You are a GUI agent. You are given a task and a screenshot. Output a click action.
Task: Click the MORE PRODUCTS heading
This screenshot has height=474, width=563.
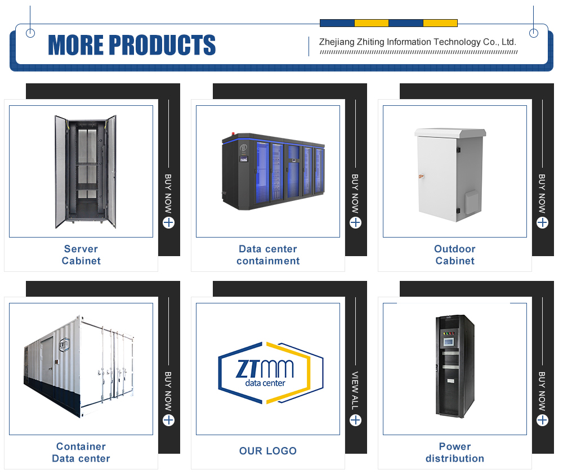(x=132, y=45)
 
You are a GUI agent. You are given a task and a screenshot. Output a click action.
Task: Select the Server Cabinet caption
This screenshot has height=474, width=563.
(x=81, y=254)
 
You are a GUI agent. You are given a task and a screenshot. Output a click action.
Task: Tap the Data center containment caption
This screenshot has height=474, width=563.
(x=268, y=254)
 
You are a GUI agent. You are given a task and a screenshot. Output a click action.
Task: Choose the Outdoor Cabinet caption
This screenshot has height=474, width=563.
(x=455, y=254)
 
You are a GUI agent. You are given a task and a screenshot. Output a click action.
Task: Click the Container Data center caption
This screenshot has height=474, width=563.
(x=81, y=452)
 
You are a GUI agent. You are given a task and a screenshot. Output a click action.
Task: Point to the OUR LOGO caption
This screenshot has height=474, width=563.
(x=268, y=451)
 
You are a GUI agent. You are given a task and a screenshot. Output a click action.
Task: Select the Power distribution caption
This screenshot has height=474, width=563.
(x=455, y=452)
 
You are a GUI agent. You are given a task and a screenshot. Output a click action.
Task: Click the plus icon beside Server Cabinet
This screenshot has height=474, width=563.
(x=168, y=222)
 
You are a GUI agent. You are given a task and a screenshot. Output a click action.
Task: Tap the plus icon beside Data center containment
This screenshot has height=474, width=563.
(x=355, y=222)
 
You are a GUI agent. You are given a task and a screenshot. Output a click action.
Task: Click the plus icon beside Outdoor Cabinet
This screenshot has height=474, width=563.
(x=542, y=222)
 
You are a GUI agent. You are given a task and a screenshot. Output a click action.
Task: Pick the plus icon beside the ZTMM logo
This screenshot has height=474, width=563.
(x=355, y=420)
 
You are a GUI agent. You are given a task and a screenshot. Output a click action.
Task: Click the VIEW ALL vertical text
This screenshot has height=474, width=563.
(x=355, y=391)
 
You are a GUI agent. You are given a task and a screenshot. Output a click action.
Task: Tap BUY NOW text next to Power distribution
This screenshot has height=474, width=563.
(x=542, y=391)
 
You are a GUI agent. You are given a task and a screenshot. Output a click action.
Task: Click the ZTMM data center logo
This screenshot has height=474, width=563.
(x=271, y=373)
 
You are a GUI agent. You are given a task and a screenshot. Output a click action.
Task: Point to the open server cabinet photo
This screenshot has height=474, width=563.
(x=86, y=172)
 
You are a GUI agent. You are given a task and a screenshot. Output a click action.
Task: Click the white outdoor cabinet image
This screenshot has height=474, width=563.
(x=450, y=175)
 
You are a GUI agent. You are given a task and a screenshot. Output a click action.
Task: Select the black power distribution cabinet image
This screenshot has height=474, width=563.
(x=455, y=366)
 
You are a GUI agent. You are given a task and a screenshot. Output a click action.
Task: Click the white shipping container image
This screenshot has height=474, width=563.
(x=79, y=366)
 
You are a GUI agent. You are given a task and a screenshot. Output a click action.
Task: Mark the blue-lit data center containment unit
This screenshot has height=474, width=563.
(x=273, y=171)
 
